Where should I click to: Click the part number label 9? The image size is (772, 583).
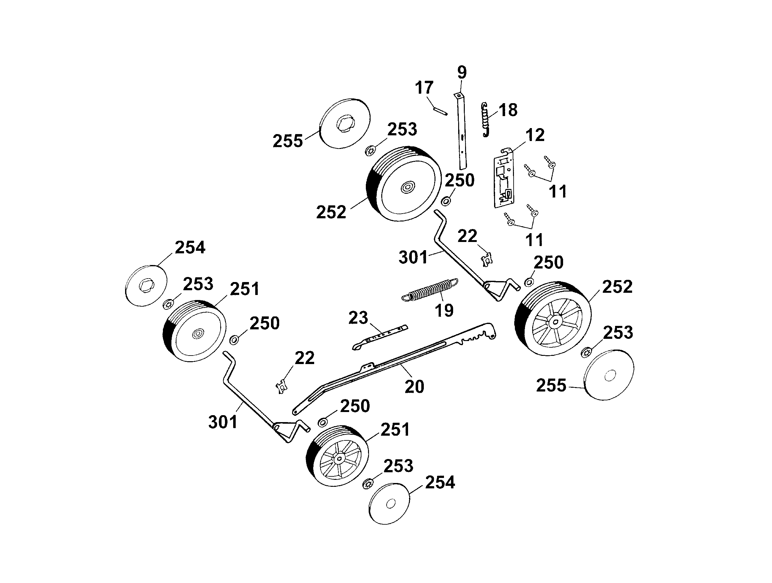tap(461, 72)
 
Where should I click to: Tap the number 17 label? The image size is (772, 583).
tap(424, 87)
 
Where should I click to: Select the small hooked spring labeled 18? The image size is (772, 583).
tap(485, 119)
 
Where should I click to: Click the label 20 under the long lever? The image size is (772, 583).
tap(414, 386)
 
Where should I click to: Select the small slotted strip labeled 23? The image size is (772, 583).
tap(380, 337)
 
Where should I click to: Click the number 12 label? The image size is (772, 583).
tap(535, 135)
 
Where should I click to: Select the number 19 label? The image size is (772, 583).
tap(444, 310)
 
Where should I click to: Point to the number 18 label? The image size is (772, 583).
tap(508, 110)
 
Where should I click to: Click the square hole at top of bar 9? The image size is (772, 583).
tap(459, 95)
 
